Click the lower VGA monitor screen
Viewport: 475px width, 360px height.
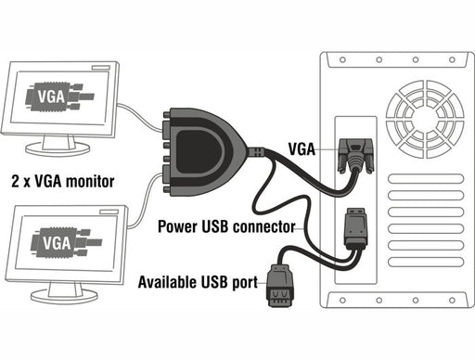[70, 243]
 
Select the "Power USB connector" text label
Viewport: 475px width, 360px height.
[226, 225]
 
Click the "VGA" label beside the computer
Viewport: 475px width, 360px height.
[303, 148]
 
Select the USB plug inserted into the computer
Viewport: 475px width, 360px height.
[355, 230]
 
